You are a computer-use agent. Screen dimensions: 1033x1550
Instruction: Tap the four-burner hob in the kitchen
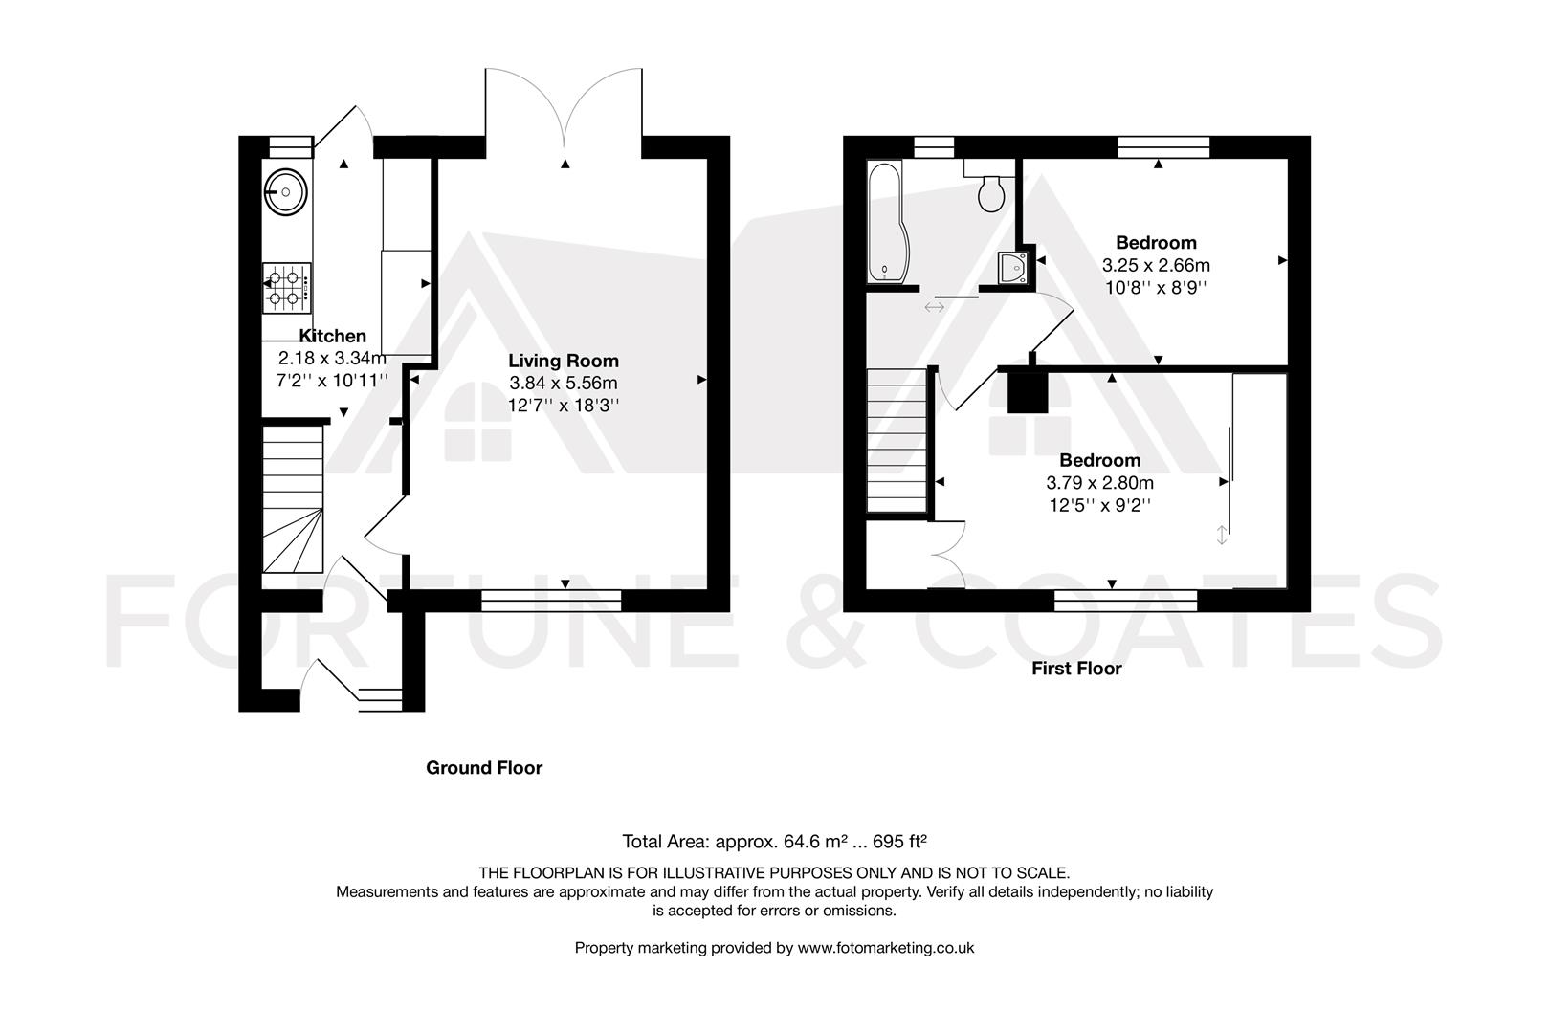click(x=287, y=289)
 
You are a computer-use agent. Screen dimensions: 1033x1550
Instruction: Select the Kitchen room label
click(x=332, y=336)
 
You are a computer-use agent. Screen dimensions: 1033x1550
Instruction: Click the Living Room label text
click(x=563, y=361)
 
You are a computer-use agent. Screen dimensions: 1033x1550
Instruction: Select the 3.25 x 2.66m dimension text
click(x=1156, y=265)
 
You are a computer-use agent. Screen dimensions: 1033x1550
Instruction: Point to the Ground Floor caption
click(x=483, y=768)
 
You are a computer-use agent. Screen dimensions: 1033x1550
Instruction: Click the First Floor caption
click(x=1075, y=669)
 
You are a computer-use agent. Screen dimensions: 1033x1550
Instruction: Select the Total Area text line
click(x=775, y=842)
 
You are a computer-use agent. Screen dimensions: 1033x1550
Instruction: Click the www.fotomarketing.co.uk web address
click(x=885, y=948)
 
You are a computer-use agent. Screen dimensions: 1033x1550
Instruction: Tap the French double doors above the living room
click(x=565, y=110)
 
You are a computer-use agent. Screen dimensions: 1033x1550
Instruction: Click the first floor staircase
click(x=897, y=440)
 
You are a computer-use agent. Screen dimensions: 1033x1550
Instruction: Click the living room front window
click(x=551, y=600)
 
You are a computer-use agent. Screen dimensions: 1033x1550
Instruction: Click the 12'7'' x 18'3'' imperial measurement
click(x=564, y=405)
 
